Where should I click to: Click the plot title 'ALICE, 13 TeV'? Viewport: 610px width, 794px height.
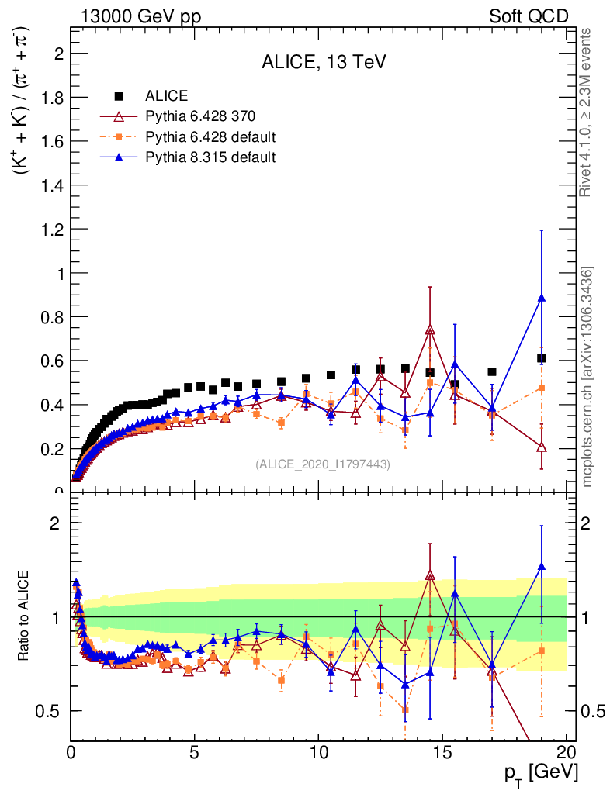(x=323, y=63)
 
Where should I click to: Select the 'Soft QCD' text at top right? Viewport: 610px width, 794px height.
(x=529, y=16)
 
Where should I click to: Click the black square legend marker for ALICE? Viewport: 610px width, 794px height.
(x=119, y=96)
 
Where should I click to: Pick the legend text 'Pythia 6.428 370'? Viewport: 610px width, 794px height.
(x=200, y=117)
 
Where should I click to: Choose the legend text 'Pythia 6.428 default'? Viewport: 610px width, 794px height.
(x=210, y=137)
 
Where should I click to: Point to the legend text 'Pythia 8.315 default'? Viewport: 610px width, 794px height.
(x=210, y=157)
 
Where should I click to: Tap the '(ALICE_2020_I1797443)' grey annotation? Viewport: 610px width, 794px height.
(x=323, y=464)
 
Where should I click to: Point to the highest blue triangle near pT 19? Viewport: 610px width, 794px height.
(x=542, y=298)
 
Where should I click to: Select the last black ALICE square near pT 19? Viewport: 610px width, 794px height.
(x=542, y=358)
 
